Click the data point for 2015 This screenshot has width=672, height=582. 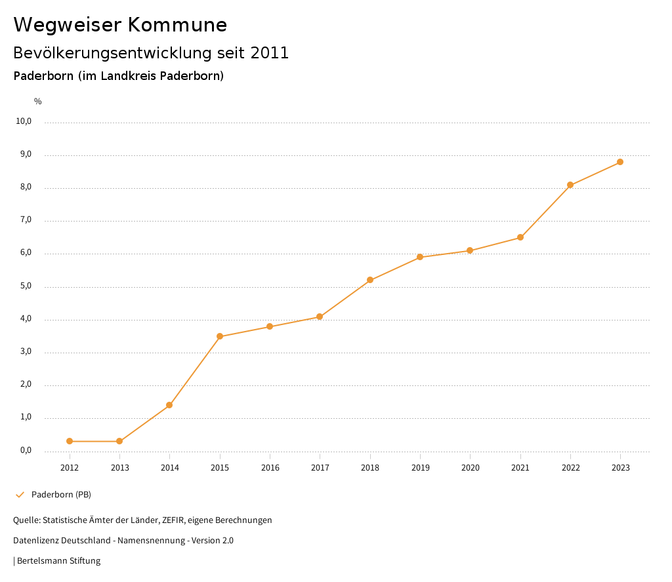coord(220,336)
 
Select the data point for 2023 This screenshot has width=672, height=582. coord(620,162)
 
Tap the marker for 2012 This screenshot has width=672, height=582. coord(70,441)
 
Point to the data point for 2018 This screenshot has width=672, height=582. coord(370,280)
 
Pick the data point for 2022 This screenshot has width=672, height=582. coord(570,185)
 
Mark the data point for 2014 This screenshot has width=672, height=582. coord(169,405)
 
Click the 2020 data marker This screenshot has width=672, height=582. coord(470,250)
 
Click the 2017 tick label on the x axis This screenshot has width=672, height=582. coord(320,467)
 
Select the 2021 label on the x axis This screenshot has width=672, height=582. coord(520,467)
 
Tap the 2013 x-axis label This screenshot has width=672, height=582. coord(119,467)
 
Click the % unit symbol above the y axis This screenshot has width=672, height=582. coord(38,102)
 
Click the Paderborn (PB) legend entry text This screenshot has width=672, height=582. coord(61,494)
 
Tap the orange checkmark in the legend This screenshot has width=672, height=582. coord(20,494)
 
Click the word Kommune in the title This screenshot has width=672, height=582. coord(177,25)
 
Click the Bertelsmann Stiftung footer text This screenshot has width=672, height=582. coord(58,560)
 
